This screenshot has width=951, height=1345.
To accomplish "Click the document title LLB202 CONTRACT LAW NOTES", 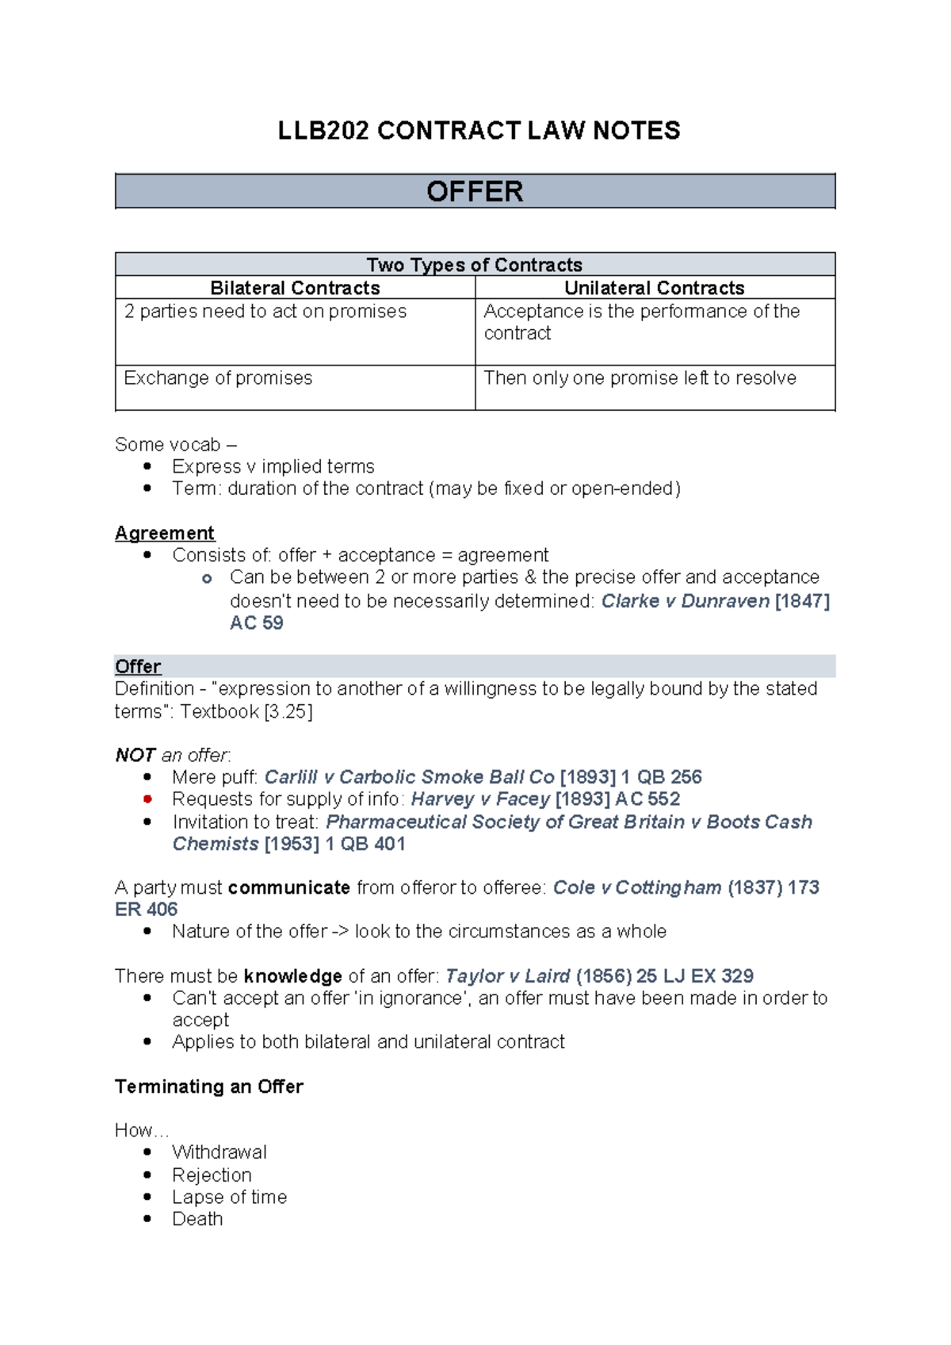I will coord(479,131).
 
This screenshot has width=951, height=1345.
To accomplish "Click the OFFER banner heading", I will coord(475,192).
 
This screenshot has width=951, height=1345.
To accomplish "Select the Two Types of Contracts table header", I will coord(474,265).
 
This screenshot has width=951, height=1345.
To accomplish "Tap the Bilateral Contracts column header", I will coord(295,288).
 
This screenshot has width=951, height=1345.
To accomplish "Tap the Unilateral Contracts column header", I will coord(654,288).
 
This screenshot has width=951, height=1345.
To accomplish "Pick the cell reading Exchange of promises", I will coord(218,378).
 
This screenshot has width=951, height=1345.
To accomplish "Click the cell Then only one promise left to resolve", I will coord(640,378).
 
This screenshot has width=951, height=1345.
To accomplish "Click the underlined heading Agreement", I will coord(165,533).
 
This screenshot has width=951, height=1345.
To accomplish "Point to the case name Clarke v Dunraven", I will coord(685,601).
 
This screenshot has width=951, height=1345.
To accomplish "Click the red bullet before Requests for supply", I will coord(147,799).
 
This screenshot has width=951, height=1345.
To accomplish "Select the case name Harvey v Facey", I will coord(480,799).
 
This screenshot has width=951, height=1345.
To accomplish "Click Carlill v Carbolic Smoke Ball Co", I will coord(409,777).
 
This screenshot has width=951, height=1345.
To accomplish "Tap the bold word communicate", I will coord(289,887).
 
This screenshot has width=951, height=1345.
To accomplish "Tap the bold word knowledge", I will coord(293,976).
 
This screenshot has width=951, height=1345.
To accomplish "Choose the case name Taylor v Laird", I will coord(507,976).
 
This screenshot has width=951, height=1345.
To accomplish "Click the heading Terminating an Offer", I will coord(209,1086).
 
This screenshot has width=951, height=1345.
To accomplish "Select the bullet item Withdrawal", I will coord(220,1152).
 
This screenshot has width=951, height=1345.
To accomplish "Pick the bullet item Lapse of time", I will coord(230,1197).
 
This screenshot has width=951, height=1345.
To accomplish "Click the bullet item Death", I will coord(197,1219).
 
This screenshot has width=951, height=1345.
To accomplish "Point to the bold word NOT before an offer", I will coord(135,755).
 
